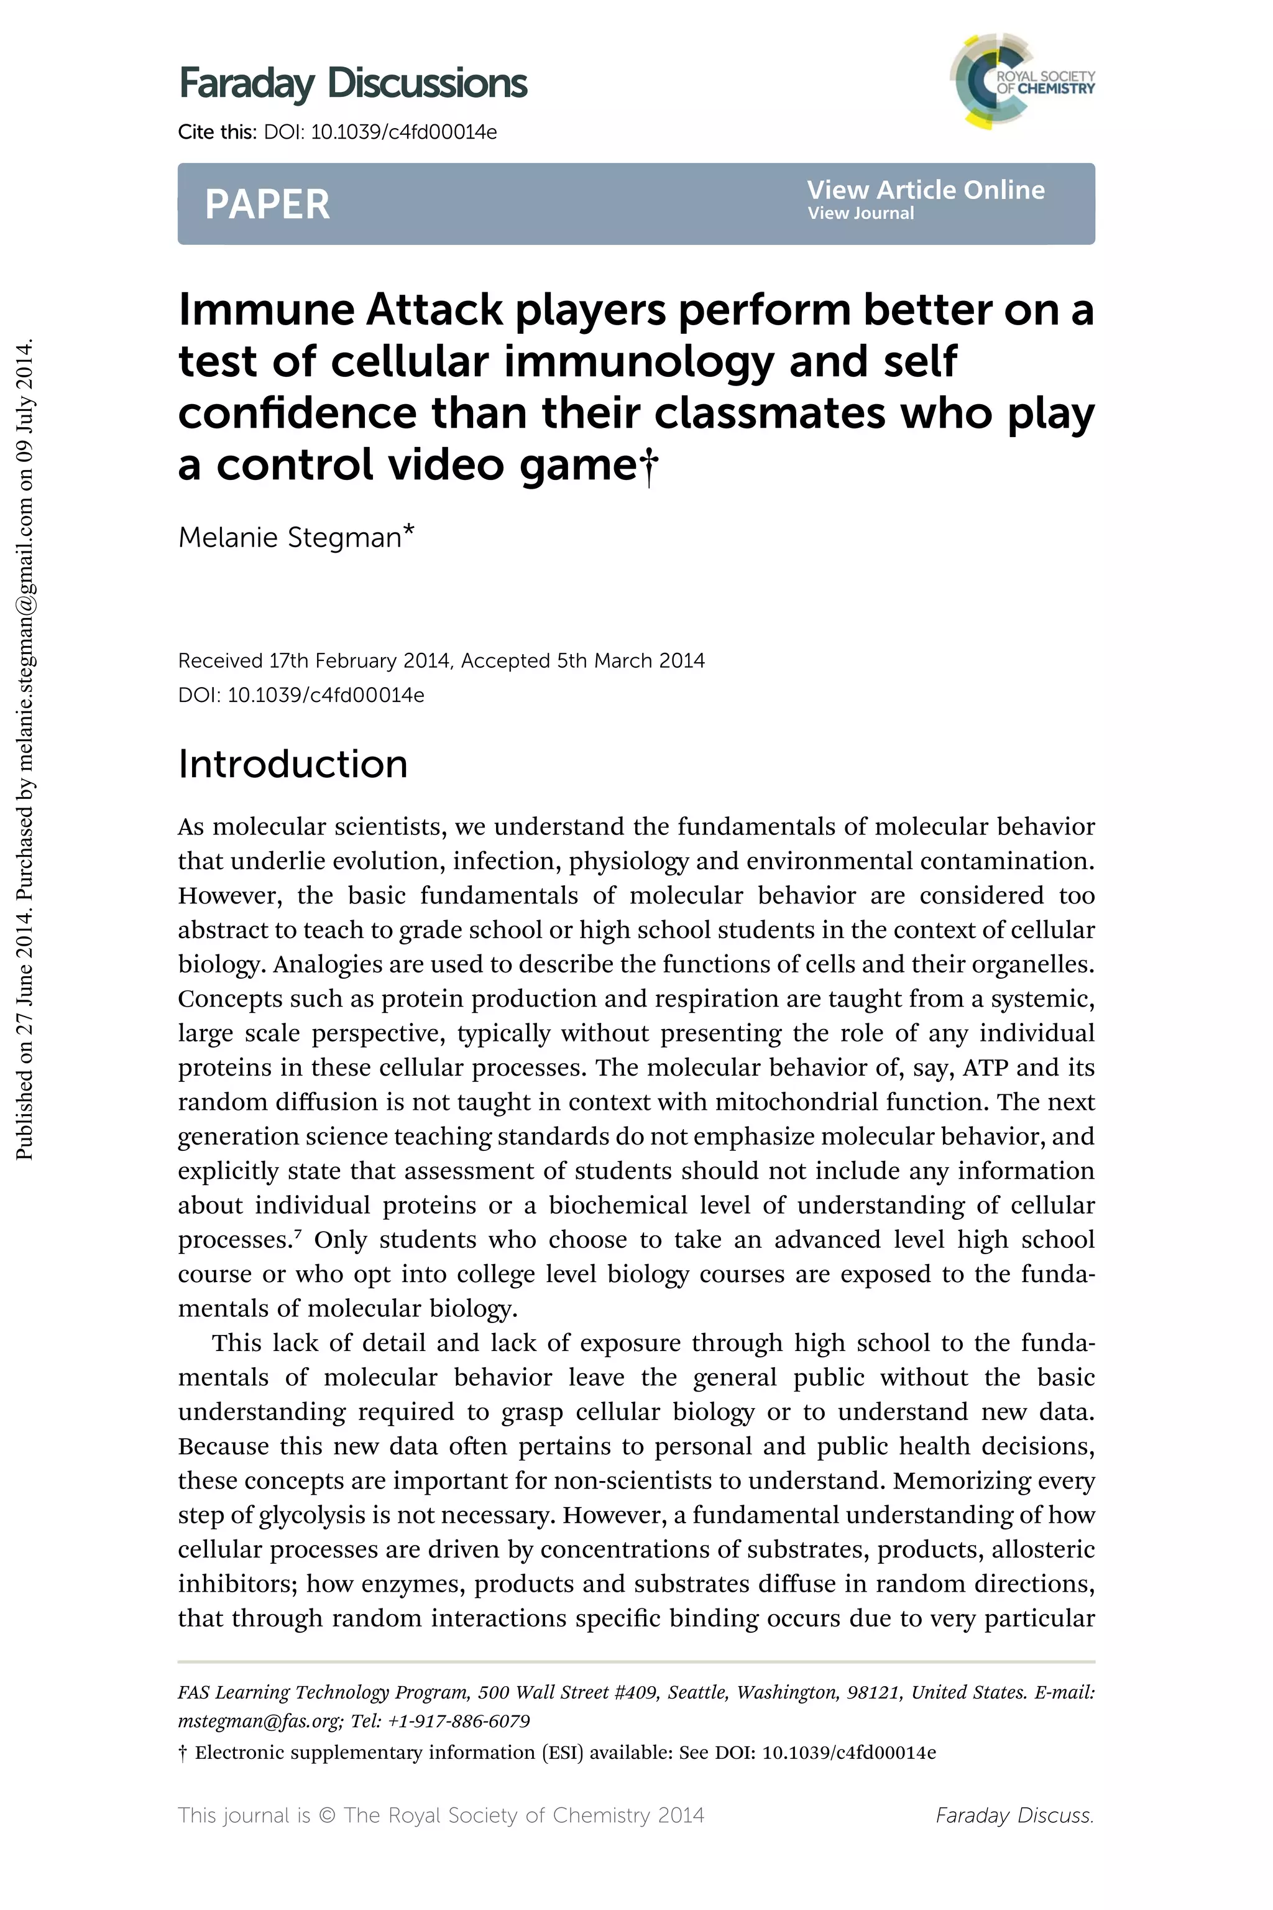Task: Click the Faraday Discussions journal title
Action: coord(352,84)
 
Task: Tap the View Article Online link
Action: coord(926,190)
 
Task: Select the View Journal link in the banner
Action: coord(860,214)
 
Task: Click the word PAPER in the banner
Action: coord(267,204)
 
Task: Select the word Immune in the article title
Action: coord(266,310)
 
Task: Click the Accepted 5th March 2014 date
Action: coord(583,661)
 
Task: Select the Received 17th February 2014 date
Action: coord(313,661)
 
